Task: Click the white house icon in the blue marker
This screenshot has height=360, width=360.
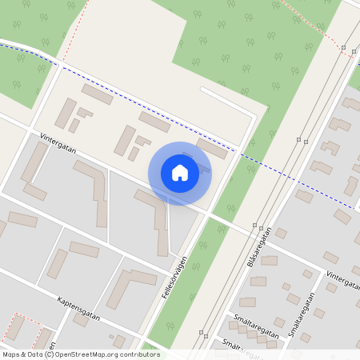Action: click(x=180, y=173)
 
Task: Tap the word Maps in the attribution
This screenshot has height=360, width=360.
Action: click(x=10, y=354)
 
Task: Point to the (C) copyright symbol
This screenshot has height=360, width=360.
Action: click(x=50, y=354)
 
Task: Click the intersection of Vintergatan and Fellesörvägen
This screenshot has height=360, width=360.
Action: click(x=207, y=214)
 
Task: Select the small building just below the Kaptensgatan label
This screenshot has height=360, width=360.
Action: click(x=81, y=319)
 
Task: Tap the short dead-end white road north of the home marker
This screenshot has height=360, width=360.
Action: click(x=228, y=99)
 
